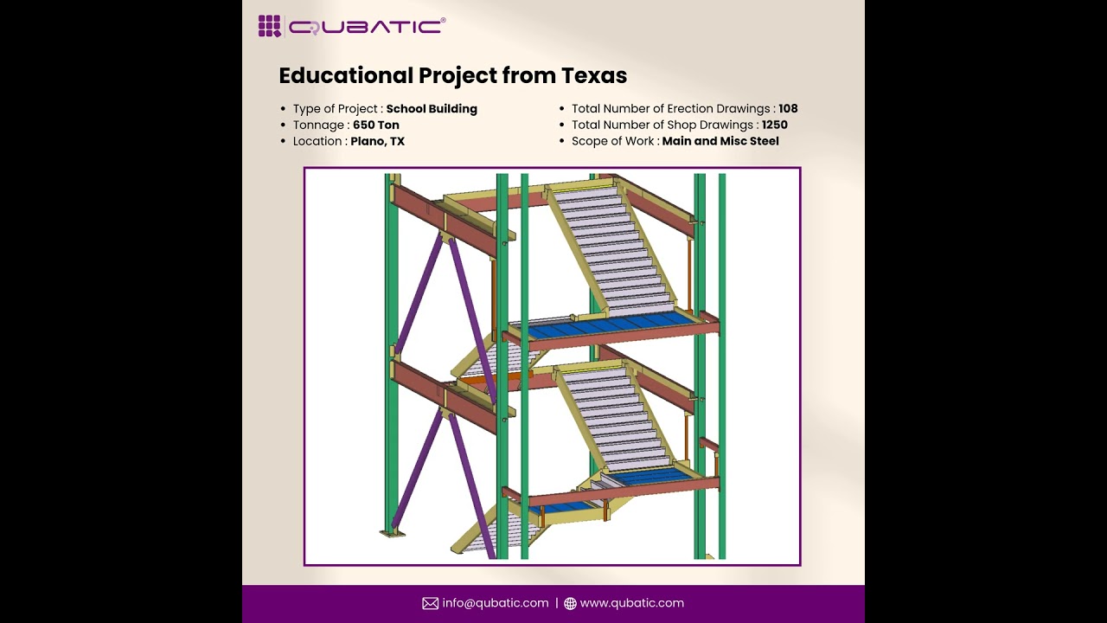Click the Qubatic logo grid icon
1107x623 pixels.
click(270, 26)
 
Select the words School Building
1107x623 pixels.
click(432, 109)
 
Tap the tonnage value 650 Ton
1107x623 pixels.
click(375, 125)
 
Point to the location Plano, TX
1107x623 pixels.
click(377, 141)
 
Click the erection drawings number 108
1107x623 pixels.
click(788, 109)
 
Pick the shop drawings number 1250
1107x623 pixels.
click(774, 125)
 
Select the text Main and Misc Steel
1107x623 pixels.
click(720, 141)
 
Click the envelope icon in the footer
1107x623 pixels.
click(430, 603)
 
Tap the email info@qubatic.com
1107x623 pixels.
click(496, 603)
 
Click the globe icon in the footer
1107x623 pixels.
click(570, 603)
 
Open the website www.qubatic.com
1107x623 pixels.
click(631, 603)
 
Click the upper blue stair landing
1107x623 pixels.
click(610, 326)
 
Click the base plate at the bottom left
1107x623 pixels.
click(393, 533)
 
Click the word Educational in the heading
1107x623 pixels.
click(345, 75)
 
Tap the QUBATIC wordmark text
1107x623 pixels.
click(367, 27)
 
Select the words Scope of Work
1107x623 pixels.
click(612, 141)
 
